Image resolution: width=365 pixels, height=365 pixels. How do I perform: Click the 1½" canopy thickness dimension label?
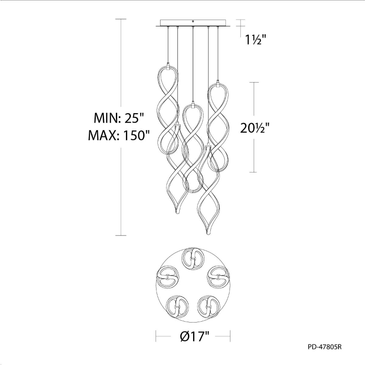click(256, 41)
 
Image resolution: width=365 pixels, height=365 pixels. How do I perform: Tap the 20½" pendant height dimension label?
click(255, 128)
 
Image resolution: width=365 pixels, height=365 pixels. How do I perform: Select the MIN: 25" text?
click(119, 118)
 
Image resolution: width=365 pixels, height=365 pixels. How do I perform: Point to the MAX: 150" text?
click(119, 135)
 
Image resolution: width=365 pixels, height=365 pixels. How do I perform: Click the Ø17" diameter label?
click(195, 336)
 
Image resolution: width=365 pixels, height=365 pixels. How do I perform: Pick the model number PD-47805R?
click(324, 347)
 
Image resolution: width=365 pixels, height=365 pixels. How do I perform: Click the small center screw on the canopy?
click(193, 21)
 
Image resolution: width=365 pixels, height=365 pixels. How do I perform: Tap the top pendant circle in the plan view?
click(193, 259)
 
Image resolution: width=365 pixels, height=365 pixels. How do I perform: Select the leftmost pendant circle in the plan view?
click(167, 277)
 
